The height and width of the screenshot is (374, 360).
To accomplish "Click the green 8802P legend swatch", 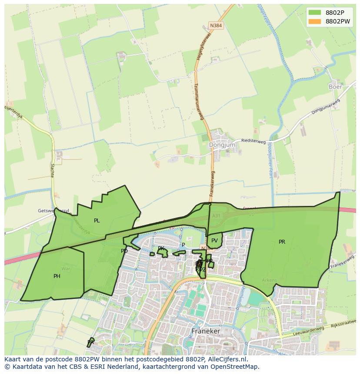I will [x=315, y=13].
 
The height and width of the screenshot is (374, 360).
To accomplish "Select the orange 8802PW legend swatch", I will [x=315, y=21].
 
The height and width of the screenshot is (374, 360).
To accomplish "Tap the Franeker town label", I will [x=206, y=331].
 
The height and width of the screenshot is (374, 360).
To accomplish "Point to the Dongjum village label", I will [x=222, y=145].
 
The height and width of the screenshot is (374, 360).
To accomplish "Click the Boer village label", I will [x=335, y=86].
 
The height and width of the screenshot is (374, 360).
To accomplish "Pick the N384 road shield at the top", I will [x=216, y=26].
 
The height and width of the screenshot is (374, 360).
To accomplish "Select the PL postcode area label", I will [x=97, y=221].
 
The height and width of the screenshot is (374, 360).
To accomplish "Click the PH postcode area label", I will [x=57, y=276].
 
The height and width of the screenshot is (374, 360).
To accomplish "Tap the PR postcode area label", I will [x=282, y=242].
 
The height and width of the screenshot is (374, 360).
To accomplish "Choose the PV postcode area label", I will [x=214, y=241].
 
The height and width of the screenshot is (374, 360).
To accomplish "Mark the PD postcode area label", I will [x=124, y=251].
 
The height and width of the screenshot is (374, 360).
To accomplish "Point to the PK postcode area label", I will [x=161, y=249].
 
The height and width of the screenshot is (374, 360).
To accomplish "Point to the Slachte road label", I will [x=52, y=170].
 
